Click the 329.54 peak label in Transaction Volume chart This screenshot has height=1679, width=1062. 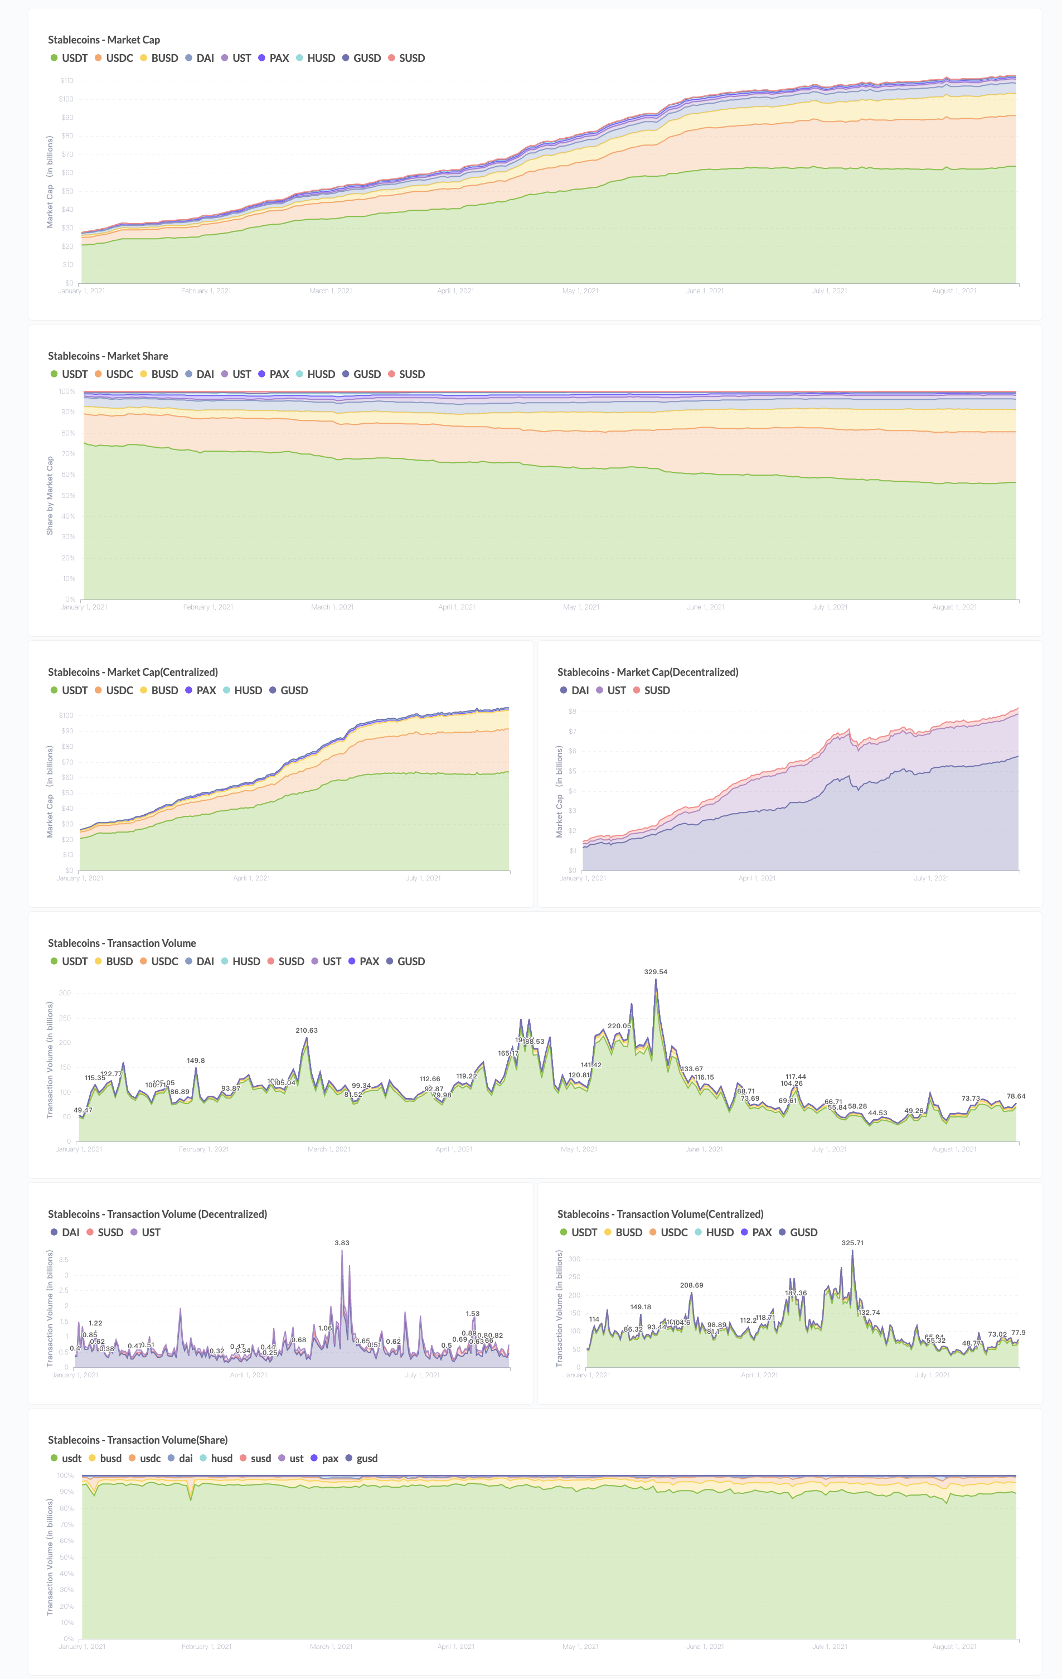(656, 971)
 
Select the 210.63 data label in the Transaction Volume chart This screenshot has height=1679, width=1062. (306, 1030)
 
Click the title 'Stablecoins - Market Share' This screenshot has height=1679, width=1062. (108, 356)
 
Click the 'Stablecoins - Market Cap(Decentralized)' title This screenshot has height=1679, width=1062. (647, 672)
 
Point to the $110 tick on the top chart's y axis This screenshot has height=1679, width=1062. (66, 81)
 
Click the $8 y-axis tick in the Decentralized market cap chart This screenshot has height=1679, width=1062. (572, 711)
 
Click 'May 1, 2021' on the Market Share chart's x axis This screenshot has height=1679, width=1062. (581, 607)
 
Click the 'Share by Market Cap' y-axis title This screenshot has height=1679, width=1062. (50, 496)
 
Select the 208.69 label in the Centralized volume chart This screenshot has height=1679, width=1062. (691, 1285)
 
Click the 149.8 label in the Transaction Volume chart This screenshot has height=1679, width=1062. (196, 1061)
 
